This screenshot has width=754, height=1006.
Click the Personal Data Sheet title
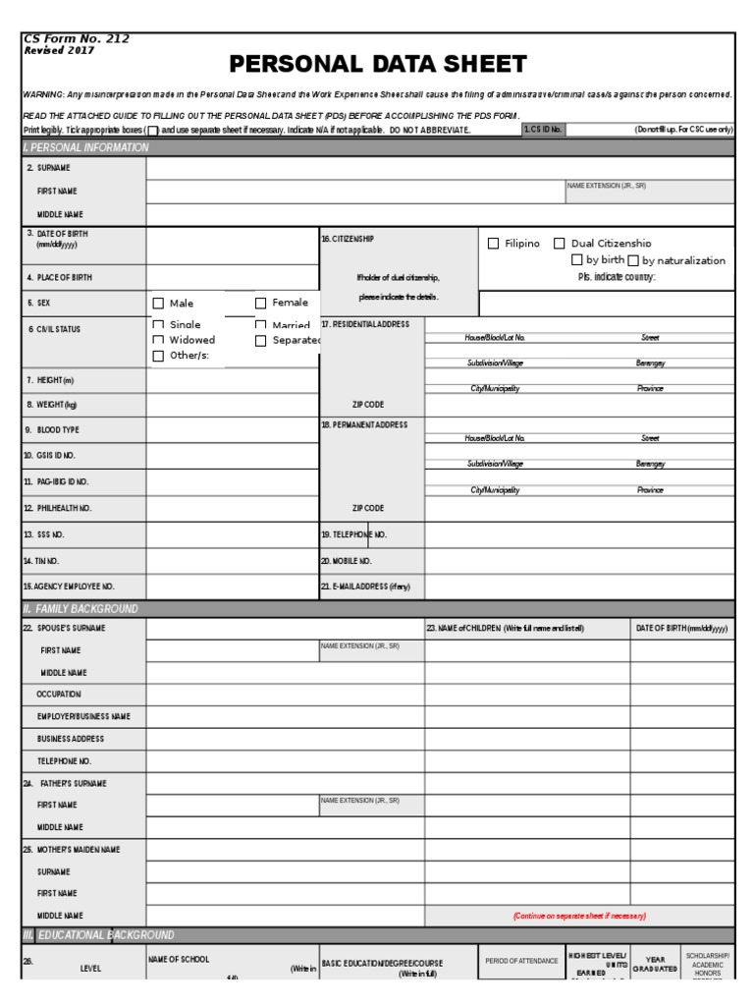pos(378,65)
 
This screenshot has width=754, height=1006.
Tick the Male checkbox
pos(158,304)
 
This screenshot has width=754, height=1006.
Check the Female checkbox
pos(261,304)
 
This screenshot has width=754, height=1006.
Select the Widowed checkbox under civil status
pos(158,340)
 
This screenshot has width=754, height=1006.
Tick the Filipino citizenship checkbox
pos(494,244)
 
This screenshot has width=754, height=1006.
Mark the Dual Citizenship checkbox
pos(560,244)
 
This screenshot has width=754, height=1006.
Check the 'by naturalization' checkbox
pos(633,261)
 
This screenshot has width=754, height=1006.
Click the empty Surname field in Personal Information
pos(440,168)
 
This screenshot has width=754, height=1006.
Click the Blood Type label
pos(58,430)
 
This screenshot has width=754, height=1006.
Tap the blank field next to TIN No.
pos(232,561)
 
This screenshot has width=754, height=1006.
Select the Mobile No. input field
pos(579,561)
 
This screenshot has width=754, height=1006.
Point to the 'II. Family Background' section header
pos(81,609)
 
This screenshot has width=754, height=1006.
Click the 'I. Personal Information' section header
pos(85,147)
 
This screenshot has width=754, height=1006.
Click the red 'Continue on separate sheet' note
pos(579,916)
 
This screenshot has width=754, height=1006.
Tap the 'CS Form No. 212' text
pos(76,39)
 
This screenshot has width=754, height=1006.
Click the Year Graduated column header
pos(655,963)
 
